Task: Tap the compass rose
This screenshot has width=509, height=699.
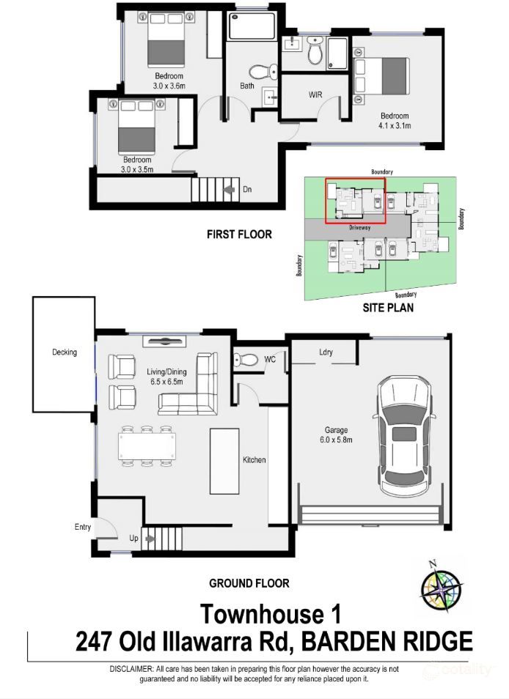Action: (440, 585)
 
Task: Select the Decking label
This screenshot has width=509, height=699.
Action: (64, 352)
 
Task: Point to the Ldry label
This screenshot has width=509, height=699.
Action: (326, 352)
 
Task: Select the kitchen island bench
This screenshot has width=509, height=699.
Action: (224, 459)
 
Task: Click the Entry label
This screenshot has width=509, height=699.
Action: (83, 527)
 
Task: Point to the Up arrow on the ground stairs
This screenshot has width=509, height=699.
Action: (150, 539)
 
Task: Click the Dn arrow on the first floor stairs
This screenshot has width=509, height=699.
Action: (232, 190)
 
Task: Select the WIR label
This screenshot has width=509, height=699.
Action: (316, 95)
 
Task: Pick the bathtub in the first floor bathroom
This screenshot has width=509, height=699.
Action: (252, 28)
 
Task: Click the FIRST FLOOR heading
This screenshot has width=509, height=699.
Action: (239, 234)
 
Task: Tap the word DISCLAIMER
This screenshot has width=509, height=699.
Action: (131, 669)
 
